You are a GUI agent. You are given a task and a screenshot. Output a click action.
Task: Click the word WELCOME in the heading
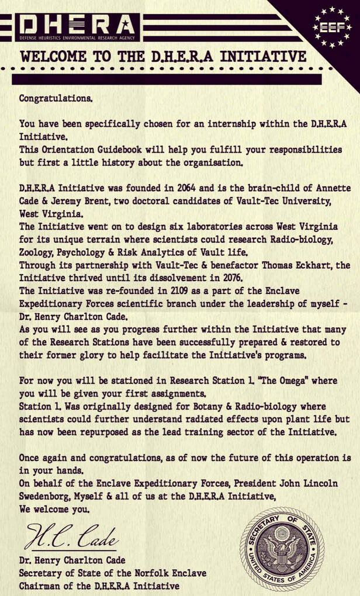tap(54, 57)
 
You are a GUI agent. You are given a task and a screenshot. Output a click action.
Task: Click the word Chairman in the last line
tap(41, 585)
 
